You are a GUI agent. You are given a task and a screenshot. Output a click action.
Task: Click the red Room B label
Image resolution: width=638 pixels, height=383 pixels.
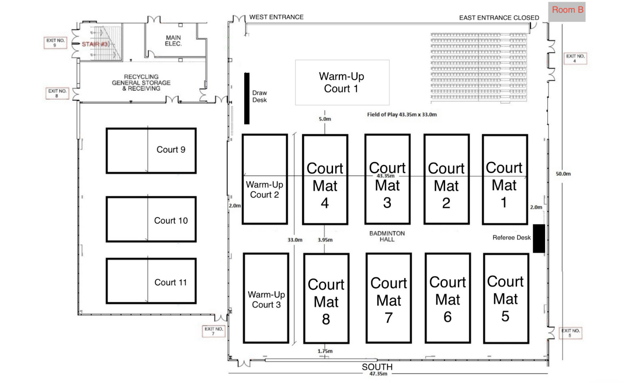coord(567,10)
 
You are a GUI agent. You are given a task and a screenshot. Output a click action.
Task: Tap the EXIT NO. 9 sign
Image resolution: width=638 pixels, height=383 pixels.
coord(55,43)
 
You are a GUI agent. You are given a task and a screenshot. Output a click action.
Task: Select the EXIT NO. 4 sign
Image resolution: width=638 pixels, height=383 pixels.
coord(575,58)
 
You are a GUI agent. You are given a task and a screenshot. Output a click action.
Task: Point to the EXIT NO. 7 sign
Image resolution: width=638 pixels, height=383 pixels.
coord(213,331)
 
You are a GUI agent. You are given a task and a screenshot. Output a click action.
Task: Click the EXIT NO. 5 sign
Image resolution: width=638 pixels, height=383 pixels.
coord(570,333)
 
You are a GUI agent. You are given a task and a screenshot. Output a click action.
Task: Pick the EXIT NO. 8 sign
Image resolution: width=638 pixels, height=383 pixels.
coord(57,93)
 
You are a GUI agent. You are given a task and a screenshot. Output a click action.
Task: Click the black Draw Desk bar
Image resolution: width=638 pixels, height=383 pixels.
coord(247,98)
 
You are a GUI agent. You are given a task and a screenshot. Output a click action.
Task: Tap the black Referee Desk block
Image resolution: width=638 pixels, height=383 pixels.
coord(539,238)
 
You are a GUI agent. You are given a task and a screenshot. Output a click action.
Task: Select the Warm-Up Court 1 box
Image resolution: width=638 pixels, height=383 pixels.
coord(342,82)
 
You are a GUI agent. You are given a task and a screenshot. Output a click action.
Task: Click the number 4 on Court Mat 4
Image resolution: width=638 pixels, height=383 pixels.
coord(325,203)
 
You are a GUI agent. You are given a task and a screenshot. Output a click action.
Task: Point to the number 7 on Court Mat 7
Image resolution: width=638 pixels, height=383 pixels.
coord(388,318)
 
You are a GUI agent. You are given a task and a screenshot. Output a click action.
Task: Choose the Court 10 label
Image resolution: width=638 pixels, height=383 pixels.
coord(171,220)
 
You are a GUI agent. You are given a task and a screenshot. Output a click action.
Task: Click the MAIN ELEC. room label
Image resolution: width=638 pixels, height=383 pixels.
coord(173,41)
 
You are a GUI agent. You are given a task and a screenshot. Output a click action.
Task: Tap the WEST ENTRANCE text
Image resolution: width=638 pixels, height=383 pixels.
coord(276,17)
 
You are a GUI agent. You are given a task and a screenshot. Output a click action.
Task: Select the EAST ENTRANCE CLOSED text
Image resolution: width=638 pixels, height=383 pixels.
coord(499,18)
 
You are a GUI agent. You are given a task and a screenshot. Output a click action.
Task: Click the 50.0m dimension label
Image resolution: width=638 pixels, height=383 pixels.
coord(563,174)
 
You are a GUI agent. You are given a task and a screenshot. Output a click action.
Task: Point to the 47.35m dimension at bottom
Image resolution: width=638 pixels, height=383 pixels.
coord(378,374)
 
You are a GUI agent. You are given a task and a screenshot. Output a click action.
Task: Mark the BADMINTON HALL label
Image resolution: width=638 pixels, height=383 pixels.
coord(387,236)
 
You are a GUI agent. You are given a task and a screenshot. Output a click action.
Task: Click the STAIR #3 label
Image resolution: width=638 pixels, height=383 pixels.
coord(95,44)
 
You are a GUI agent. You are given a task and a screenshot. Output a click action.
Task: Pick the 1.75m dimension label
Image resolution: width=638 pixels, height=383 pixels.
coord(325,351)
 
